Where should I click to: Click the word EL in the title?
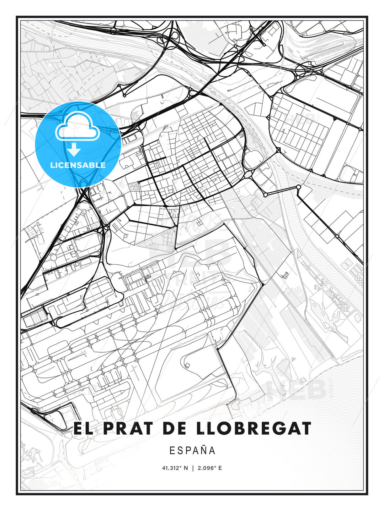click(82, 428)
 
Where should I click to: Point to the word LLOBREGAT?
click(253, 428)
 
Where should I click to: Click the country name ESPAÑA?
click(192, 450)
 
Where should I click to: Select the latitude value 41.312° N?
click(175, 468)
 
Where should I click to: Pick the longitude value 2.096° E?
click(210, 468)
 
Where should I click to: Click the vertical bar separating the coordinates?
click(192, 468)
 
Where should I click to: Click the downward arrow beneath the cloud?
click(74, 150)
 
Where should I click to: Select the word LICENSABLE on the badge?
click(78, 165)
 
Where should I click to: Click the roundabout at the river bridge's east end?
click(298, 187)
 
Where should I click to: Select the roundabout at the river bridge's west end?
click(266, 194)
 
